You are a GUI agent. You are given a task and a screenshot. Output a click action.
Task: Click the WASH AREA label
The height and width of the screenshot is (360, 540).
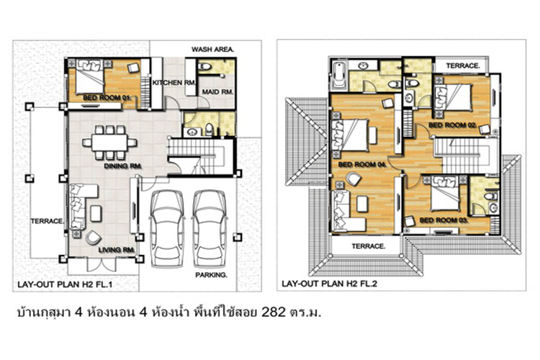click(212, 50)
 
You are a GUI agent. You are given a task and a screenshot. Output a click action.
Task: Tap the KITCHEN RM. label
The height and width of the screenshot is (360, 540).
click(174, 83)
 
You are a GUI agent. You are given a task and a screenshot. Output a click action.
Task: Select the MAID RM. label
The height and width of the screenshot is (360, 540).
click(217, 92)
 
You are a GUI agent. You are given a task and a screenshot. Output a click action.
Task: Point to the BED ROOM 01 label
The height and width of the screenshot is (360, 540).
click(107, 98)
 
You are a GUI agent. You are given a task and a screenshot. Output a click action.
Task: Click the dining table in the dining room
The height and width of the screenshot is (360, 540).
click(109, 143)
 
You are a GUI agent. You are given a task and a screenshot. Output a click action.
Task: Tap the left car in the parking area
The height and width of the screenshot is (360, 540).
click(167, 228)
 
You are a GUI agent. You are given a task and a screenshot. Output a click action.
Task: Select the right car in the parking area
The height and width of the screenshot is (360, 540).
click(210, 228)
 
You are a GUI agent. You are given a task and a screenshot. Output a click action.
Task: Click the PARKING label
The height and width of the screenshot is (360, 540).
click(211, 275)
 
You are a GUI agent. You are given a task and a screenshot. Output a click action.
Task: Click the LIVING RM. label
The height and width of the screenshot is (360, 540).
click(117, 250)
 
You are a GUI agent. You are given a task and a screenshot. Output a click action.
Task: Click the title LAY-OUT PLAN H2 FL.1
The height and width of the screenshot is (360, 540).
click(65, 285)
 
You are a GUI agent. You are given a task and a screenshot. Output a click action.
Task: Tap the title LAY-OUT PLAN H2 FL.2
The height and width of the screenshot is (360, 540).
click(330, 284)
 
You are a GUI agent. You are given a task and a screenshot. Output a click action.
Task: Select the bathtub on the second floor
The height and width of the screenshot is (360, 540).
click(339, 76)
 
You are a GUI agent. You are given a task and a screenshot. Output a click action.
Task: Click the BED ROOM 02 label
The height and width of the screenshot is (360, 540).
click(453, 125)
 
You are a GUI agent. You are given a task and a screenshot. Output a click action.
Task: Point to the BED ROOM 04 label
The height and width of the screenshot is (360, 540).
click(362, 165)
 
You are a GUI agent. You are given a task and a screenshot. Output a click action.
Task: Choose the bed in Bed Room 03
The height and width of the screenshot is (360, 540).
click(444, 193)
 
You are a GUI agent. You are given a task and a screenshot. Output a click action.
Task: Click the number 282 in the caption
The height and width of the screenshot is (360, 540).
click(274, 312)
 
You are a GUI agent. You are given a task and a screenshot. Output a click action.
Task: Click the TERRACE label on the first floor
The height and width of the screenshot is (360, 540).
click(47, 221)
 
